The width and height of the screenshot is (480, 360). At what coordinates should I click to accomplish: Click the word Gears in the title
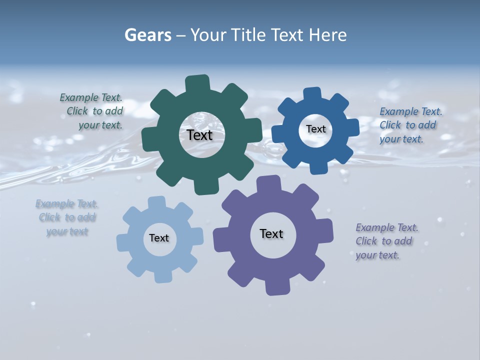pos(147,35)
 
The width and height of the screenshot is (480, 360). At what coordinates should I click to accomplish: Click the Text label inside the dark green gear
pos(199,135)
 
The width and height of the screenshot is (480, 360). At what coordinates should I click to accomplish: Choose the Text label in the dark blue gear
pos(315,129)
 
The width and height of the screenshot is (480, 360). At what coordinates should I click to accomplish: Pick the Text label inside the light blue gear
pos(159,238)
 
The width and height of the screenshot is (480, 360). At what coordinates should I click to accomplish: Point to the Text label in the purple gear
pos(271,233)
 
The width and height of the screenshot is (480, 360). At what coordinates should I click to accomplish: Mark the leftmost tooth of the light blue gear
pos(123,242)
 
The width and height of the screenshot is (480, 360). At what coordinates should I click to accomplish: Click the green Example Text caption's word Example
pos(79,98)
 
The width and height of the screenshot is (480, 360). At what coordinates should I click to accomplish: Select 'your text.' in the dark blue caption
pos(401,139)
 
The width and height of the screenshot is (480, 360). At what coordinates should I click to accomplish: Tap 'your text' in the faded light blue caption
pos(67,231)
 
